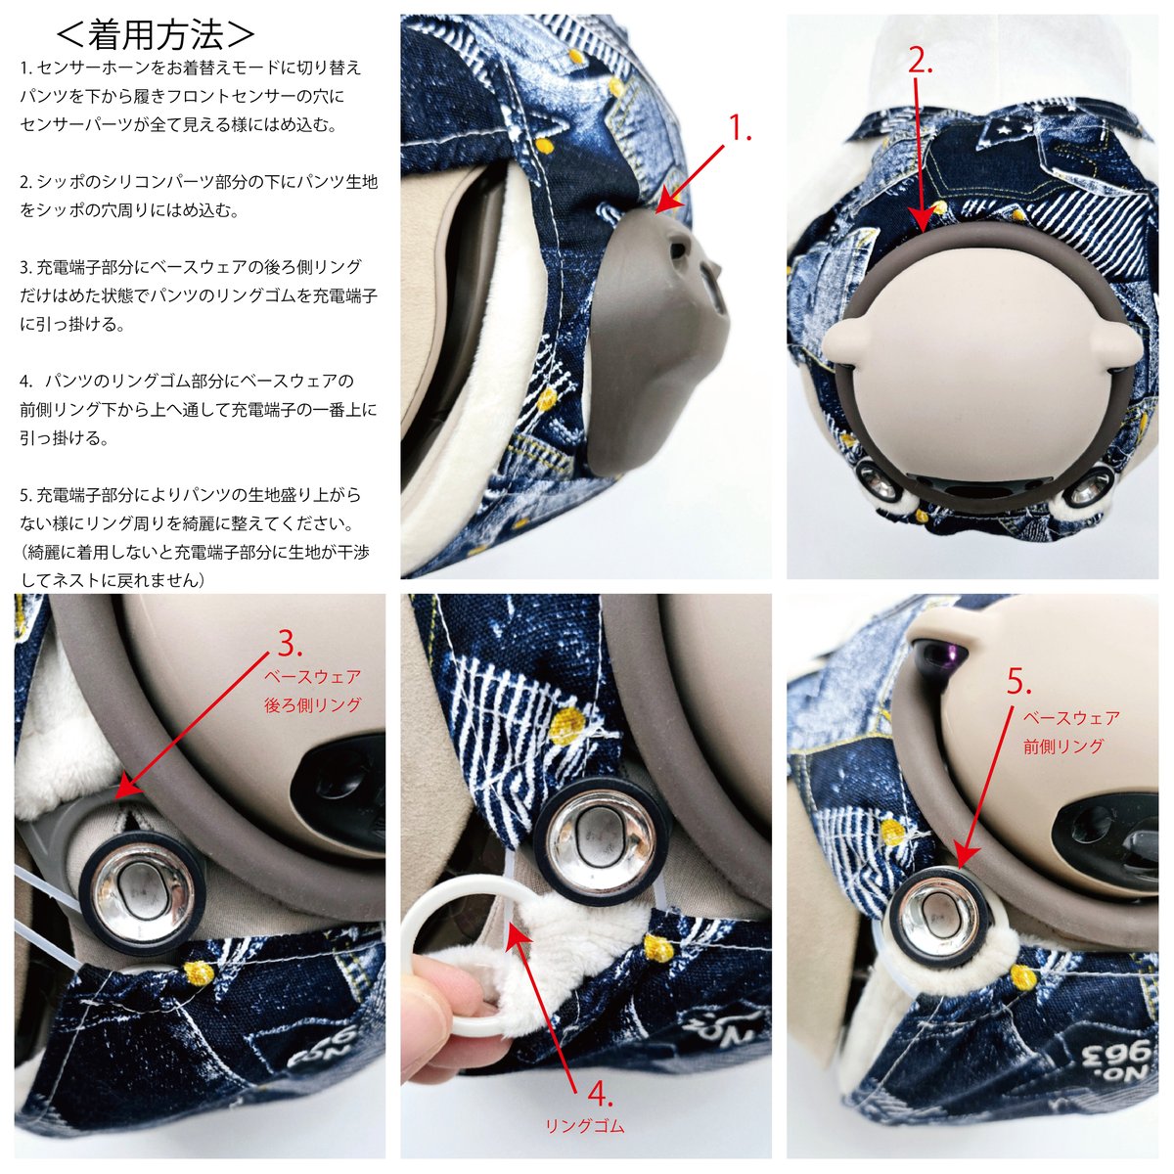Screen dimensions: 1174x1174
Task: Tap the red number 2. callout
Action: (x=921, y=61)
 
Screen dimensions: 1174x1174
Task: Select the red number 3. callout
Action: (x=290, y=643)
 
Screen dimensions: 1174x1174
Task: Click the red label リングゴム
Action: (x=585, y=1127)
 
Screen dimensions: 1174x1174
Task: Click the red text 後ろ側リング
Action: (x=313, y=704)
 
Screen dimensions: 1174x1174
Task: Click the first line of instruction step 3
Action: (x=191, y=267)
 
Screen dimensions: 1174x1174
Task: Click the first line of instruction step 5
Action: (x=190, y=495)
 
